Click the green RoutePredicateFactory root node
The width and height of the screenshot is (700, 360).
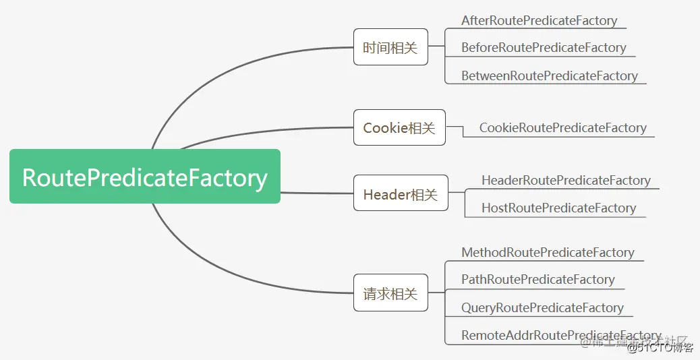[144, 177]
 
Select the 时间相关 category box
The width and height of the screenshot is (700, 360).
[390, 47]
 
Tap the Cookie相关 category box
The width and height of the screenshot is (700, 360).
[399, 127]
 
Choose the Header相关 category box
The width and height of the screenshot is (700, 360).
[400, 194]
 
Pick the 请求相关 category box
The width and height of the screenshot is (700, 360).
[390, 293]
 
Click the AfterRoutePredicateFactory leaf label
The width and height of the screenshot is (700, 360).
[539, 21]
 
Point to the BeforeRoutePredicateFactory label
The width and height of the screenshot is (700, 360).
[544, 48]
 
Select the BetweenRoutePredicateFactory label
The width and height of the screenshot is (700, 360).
[549, 76]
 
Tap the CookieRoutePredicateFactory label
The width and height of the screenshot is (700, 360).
[562, 128]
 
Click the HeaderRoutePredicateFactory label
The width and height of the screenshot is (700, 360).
[565, 181]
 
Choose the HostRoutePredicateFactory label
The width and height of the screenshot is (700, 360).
[558, 208]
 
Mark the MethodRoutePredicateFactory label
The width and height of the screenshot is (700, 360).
[548, 253]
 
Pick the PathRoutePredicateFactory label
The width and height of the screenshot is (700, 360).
[537, 280]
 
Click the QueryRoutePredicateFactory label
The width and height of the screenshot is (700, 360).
[542, 308]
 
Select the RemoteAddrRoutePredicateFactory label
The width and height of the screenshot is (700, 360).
[560, 335]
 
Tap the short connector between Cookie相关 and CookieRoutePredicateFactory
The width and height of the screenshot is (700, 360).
[455, 126]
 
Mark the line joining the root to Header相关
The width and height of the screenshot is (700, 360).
[317, 193]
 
